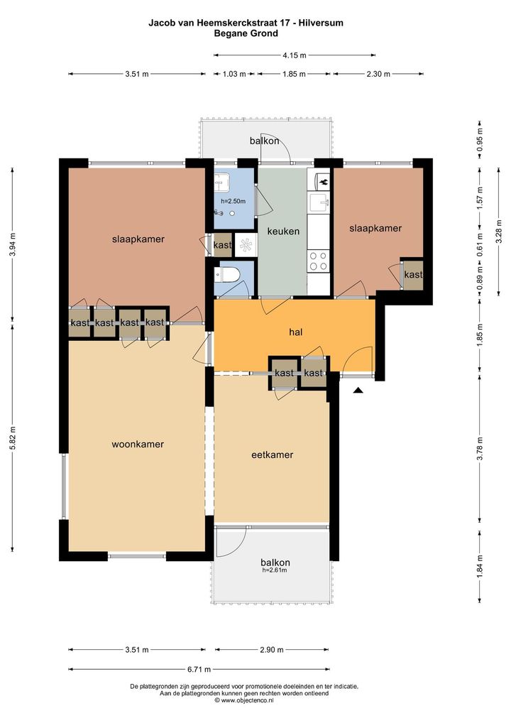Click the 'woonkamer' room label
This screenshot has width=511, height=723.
[138, 445]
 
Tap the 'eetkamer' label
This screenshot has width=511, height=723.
[273, 455]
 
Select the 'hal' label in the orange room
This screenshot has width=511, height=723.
[296, 332]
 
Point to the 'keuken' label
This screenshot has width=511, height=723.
[283, 232]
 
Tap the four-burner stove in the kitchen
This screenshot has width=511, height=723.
[319, 261]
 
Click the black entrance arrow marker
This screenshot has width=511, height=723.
[358, 391]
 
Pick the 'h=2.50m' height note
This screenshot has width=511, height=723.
[233, 201]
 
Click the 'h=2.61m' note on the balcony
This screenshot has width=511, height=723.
[275, 570]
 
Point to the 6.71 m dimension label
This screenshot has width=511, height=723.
[199, 670]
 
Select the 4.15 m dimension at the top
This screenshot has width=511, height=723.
[295, 55]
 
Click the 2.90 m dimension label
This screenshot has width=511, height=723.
[272, 650]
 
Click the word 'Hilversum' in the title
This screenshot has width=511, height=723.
[321, 23]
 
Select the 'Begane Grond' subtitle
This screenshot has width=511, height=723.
[246, 33]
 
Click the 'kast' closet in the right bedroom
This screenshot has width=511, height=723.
[413, 275]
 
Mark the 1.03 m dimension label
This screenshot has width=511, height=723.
[234, 74]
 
